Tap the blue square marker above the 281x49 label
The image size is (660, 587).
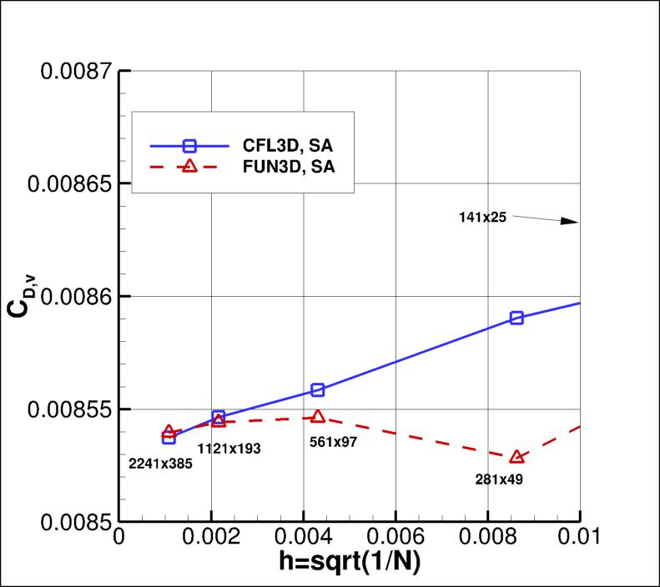pos(516,318)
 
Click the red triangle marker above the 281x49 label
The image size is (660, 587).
pos(516,456)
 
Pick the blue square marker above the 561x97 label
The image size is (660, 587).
pos(317,389)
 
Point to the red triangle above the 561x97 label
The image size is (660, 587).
pos(317,416)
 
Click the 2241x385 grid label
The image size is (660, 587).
pos(160,463)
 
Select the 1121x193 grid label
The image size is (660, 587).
pos(229,449)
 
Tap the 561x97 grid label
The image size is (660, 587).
pos(333,442)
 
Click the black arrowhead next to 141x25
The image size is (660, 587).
pos(569,222)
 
